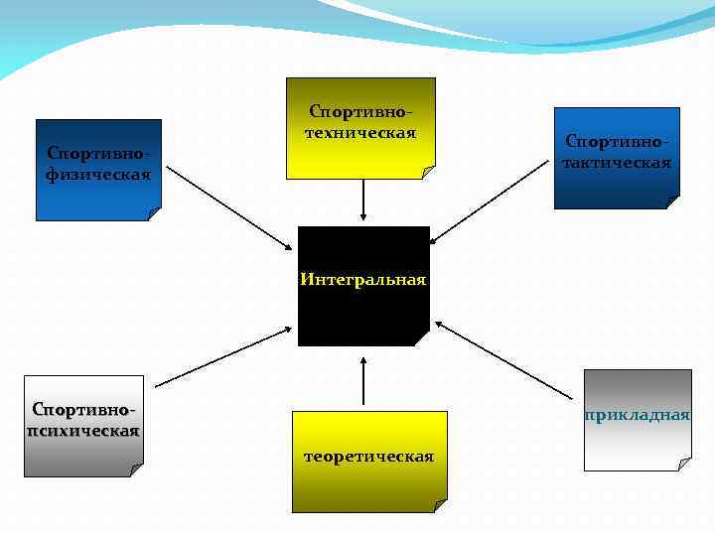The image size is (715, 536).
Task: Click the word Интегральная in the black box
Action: click(363, 280)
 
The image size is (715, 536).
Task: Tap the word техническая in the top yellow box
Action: click(362, 133)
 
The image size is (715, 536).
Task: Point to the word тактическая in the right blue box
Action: click(617, 162)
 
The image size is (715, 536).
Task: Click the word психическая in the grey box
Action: click(83, 431)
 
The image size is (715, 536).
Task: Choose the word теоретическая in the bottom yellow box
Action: click(369, 457)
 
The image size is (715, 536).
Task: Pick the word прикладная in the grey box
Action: click(638, 414)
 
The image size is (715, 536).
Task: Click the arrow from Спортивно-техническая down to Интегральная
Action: click(363, 199)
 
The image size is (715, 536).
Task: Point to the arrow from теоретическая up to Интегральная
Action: click(363, 381)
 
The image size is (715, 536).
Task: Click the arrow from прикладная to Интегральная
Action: click(506, 358)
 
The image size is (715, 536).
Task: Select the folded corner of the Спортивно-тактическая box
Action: click(672, 201)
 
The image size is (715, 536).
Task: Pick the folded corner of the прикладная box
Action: click(683, 464)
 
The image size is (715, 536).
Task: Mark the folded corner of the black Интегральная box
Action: click(422, 338)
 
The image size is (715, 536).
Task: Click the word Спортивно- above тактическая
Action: click(617, 143)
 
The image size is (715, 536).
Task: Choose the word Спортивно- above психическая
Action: click(83, 410)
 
